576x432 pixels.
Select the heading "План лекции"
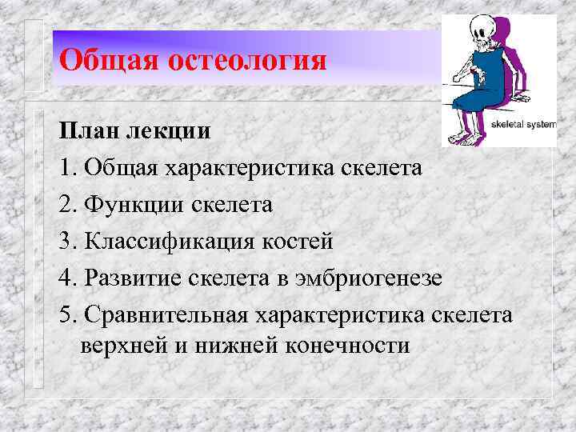tap(135, 130)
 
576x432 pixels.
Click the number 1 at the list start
tap(66, 168)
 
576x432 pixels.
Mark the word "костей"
tap(304, 242)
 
